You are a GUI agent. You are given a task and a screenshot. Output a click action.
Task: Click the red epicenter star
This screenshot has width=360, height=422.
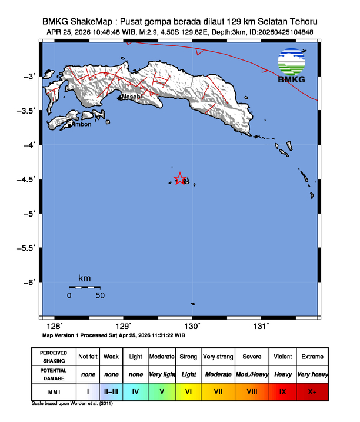(x=180, y=179)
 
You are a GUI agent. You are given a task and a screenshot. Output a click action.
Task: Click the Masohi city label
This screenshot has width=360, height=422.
(x=131, y=97)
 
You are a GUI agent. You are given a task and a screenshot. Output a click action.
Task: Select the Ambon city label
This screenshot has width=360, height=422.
(x=81, y=124)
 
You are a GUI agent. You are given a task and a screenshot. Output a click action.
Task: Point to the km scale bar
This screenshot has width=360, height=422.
(x=85, y=287)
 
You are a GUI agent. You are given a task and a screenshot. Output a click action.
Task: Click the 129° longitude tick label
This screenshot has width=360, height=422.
(x=123, y=326)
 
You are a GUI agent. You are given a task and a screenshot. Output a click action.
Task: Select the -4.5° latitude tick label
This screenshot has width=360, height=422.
(x=29, y=179)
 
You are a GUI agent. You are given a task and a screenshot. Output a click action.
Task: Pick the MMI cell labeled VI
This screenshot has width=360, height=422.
(x=189, y=390)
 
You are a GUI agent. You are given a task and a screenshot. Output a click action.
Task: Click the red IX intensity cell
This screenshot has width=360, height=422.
(x=282, y=390)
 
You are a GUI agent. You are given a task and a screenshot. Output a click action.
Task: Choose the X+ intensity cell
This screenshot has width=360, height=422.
(x=312, y=390)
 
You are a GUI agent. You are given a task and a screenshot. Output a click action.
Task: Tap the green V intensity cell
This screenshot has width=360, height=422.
(x=161, y=390)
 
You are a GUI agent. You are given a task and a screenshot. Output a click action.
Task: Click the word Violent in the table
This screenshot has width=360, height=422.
(x=282, y=357)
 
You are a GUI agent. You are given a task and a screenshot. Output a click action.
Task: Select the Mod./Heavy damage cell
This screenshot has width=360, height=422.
(x=252, y=374)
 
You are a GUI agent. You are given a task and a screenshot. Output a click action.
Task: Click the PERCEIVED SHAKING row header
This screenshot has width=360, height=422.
(x=53, y=357)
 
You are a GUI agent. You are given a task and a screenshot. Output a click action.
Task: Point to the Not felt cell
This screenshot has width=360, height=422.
(x=88, y=357)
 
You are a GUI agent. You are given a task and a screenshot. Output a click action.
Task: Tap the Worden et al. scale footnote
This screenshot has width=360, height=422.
(x=72, y=404)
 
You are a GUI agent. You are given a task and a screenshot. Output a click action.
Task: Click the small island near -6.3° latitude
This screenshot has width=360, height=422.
(x=192, y=304)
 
